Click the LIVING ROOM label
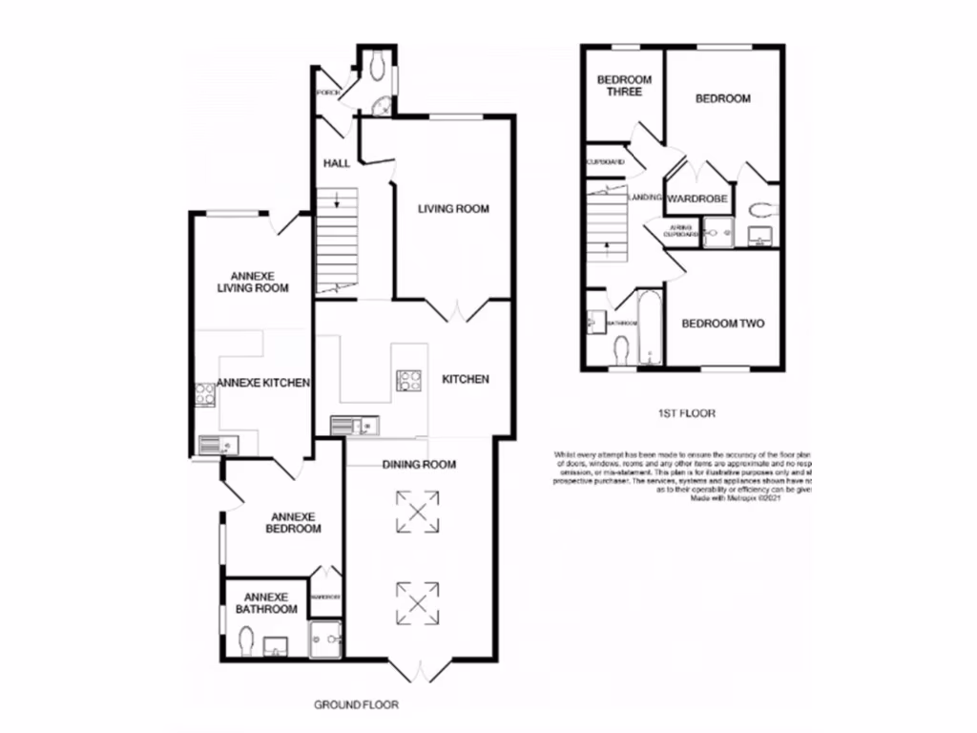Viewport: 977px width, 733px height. (x=453, y=208)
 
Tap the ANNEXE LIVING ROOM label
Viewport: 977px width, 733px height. (x=253, y=281)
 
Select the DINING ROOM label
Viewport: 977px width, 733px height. (x=419, y=465)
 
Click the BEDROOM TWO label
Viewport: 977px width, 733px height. (x=723, y=324)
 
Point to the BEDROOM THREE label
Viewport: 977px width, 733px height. (x=624, y=86)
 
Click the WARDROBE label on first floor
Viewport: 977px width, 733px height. (x=697, y=199)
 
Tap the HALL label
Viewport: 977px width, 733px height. (x=336, y=163)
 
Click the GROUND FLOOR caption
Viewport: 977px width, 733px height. (x=356, y=705)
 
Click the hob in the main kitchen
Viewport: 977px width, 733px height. (x=409, y=381)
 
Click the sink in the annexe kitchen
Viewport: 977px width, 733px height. (x=214, y=443)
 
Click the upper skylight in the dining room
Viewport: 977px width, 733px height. (x=418, y=511)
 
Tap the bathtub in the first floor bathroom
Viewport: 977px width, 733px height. (x=650, y=327)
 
